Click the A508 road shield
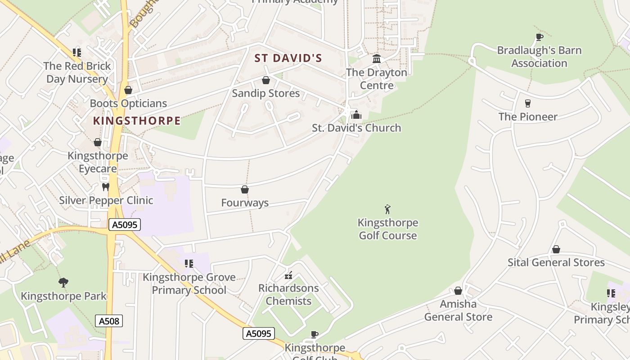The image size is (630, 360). [109, 321]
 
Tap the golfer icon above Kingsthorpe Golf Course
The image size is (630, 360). [387, 209]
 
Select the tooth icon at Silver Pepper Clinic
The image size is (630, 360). [106, 187]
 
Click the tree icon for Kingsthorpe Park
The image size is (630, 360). [63, 283]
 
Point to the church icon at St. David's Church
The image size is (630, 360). [356, 115]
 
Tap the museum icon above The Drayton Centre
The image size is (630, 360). [377, 59]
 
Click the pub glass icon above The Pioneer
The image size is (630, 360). [528, 103]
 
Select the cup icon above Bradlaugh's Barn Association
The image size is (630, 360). [539, 37]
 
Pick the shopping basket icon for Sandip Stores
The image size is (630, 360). [265, 80]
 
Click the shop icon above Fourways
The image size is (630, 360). [245, 189]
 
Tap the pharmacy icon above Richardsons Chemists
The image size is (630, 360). [288, 275]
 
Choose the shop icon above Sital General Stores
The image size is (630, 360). [556, 249]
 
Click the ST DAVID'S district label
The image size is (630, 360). [288, 58]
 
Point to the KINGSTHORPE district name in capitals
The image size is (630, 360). [137, 121]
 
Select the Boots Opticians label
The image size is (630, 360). [128, 103]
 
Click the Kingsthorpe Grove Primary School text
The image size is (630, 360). [189, 283]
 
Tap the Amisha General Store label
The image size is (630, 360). [458, 310]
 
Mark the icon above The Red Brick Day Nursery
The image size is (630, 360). [77, 53]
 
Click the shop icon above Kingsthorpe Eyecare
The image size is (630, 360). [98, 143]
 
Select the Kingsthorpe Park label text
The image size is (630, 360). [63, 296]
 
